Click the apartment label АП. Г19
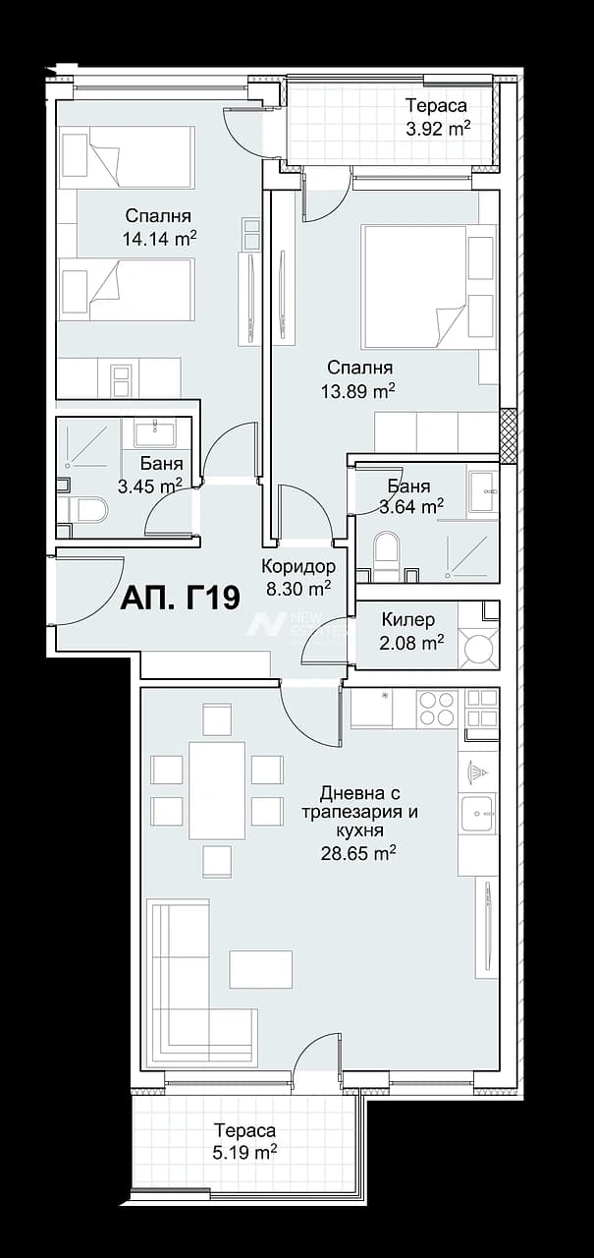click(181, 599)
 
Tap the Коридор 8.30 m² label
click(298, 577)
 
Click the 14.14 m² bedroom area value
click(159, 239)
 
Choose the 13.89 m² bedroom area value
click(357, 390)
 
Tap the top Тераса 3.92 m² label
click(438, 117)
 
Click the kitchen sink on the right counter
click(478, 813)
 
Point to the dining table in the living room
click(217, 790)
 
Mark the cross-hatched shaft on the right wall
click(508, 435)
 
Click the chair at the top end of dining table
click(217, 719)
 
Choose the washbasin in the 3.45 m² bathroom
click(155, 432)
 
